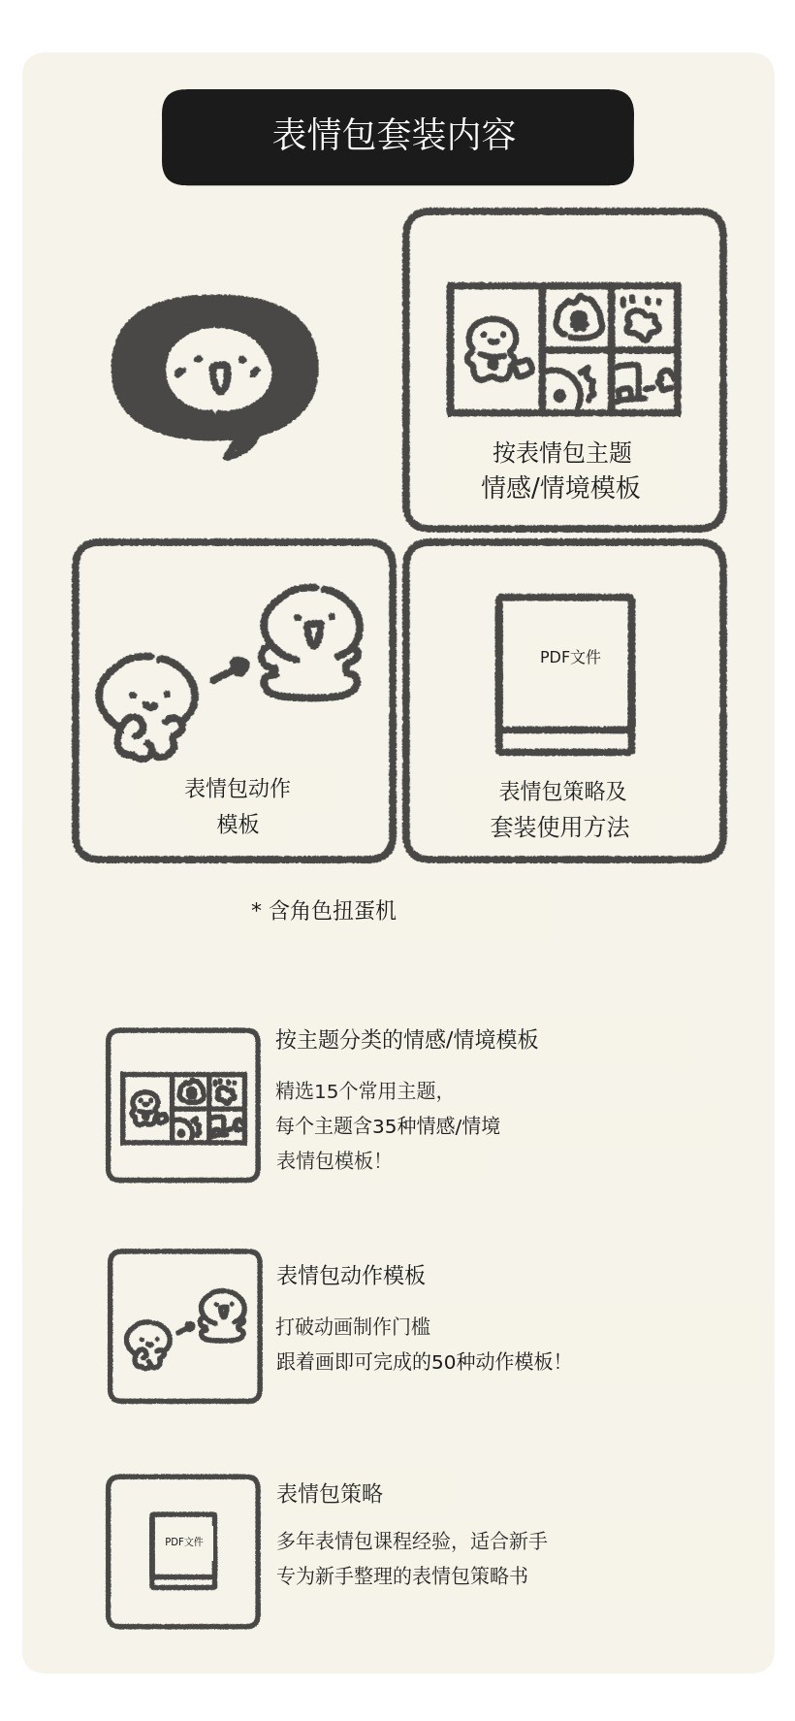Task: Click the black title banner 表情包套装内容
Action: [x=397, y=137]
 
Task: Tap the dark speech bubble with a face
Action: [x=214, y=374]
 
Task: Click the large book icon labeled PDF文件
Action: [x=565, y=674]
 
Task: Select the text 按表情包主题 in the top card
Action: [x=562, y=452]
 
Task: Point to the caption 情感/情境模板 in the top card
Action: [x=561, y=487]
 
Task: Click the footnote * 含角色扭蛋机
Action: [x=324, y=910]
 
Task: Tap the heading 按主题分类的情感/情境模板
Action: [x=407, y=1039]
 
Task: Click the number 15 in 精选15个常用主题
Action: [x=327, y=1090]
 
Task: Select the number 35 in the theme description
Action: [x=384, y=1125]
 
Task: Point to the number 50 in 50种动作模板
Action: [x=443, y=1361]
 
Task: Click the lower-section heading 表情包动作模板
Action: [x=351, y=1275]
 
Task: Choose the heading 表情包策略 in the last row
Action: [x=330, y=1493]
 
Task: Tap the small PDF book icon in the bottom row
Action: [x=183, y=1550]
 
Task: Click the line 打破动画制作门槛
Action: [x=353, y=1326]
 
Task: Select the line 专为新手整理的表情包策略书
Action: [x=402, y=1575]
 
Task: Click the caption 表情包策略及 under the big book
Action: [x=563, y=791]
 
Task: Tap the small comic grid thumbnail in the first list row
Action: [x=183, y=1108]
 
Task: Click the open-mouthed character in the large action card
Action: [x=310, y=642]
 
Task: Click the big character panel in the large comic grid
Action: [x=494, y=349]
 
